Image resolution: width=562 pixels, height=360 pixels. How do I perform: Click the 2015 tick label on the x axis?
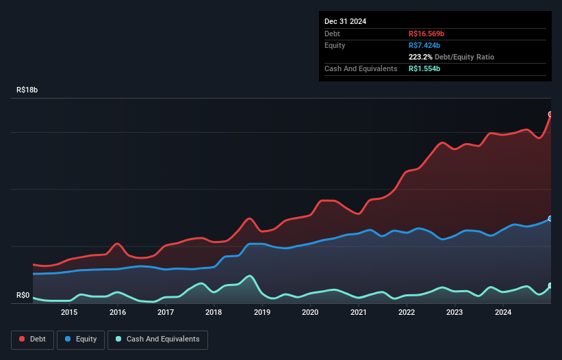(x=69, y=313)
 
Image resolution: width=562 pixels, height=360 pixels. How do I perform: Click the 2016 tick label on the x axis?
(x=118, y=313)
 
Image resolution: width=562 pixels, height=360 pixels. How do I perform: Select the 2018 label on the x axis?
(x=214, y=313)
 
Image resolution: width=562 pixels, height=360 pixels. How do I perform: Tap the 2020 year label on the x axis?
(x=310, y=313)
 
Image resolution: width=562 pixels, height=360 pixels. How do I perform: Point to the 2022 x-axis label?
(x=407, y=313)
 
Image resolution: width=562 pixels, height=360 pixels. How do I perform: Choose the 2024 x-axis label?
(x=503, y=313)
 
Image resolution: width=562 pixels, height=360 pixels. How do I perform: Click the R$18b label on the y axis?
(x=28, y=90)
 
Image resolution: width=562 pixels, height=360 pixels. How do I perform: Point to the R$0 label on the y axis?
(x=23, y=296)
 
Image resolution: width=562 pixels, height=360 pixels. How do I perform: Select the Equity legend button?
(x=81, y=339)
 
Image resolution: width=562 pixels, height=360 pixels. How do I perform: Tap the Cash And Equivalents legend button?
(x=157, y=339)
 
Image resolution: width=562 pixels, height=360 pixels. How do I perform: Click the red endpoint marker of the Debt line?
(x=550, y=114)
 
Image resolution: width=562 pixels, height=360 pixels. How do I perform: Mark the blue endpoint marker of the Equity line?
(x=550, y=219)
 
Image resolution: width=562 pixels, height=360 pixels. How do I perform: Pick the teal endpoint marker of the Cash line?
(x=550, y=285)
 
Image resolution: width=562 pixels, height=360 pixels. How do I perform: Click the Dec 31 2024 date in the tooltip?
(x=345, y=21)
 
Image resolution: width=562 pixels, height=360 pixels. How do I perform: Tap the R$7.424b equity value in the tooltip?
(x=424, y=45)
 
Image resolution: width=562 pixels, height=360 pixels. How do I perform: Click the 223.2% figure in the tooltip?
(x=421, y=57)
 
